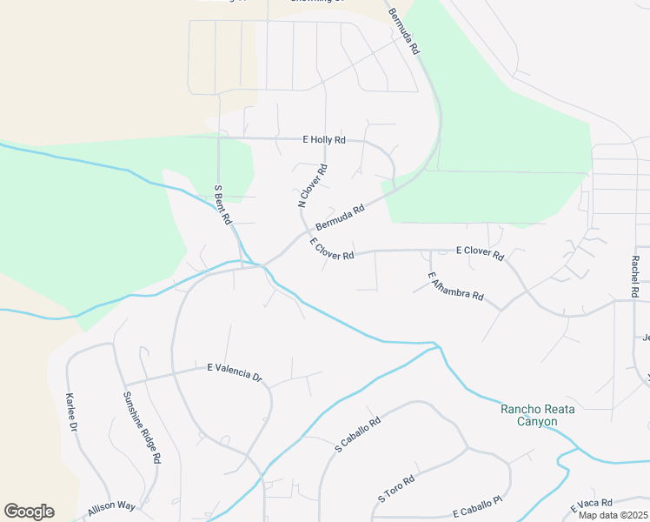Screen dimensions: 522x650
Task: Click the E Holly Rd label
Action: tap(323, 139)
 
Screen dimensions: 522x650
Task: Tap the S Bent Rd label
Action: tap(222, 205)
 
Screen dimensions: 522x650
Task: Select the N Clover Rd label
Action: tap(313, 185)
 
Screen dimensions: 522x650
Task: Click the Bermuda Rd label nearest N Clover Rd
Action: tap(339, 218)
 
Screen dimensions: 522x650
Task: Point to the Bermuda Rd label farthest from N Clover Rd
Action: tap(404, 32)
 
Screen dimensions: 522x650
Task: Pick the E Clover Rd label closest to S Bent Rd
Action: tap(331, 250)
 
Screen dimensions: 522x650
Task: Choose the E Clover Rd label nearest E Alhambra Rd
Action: tap(480, 253)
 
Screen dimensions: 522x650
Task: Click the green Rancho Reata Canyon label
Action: tap(540, 415)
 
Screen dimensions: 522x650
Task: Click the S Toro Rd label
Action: tap(396, 489)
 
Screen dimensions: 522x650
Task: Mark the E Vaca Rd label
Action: tap(592, 504)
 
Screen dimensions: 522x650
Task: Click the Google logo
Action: tap(29, 512)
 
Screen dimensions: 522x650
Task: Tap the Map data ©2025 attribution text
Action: tap(613, 515)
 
